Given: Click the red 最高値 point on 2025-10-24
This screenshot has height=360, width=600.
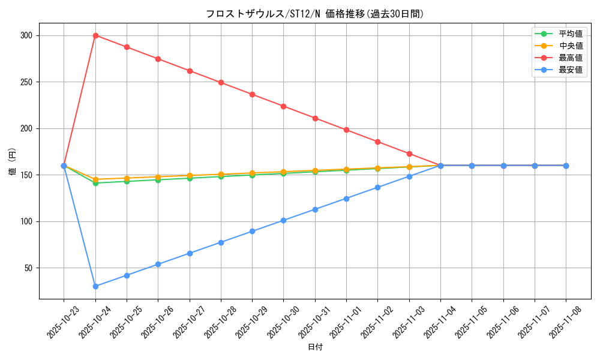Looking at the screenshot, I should click(x=95, y=35).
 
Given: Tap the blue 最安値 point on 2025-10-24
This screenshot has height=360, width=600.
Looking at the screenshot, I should click(x=95, y=286).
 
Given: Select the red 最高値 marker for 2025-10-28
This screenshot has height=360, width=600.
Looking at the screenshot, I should click(x=221, y=82).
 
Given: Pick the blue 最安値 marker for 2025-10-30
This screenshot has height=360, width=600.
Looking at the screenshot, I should click(x=283, y=220).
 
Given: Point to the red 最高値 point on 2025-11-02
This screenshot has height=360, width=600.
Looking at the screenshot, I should click(x=377, y=142).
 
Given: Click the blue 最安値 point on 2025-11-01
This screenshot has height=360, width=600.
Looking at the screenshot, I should click(x=346, y=199).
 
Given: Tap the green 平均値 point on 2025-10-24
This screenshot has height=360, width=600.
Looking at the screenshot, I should click(x=95, y=183).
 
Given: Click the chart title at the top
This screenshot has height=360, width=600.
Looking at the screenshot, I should click(x=314, y=14).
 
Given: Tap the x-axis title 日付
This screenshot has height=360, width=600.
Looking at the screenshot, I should click(x=315, y=347).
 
